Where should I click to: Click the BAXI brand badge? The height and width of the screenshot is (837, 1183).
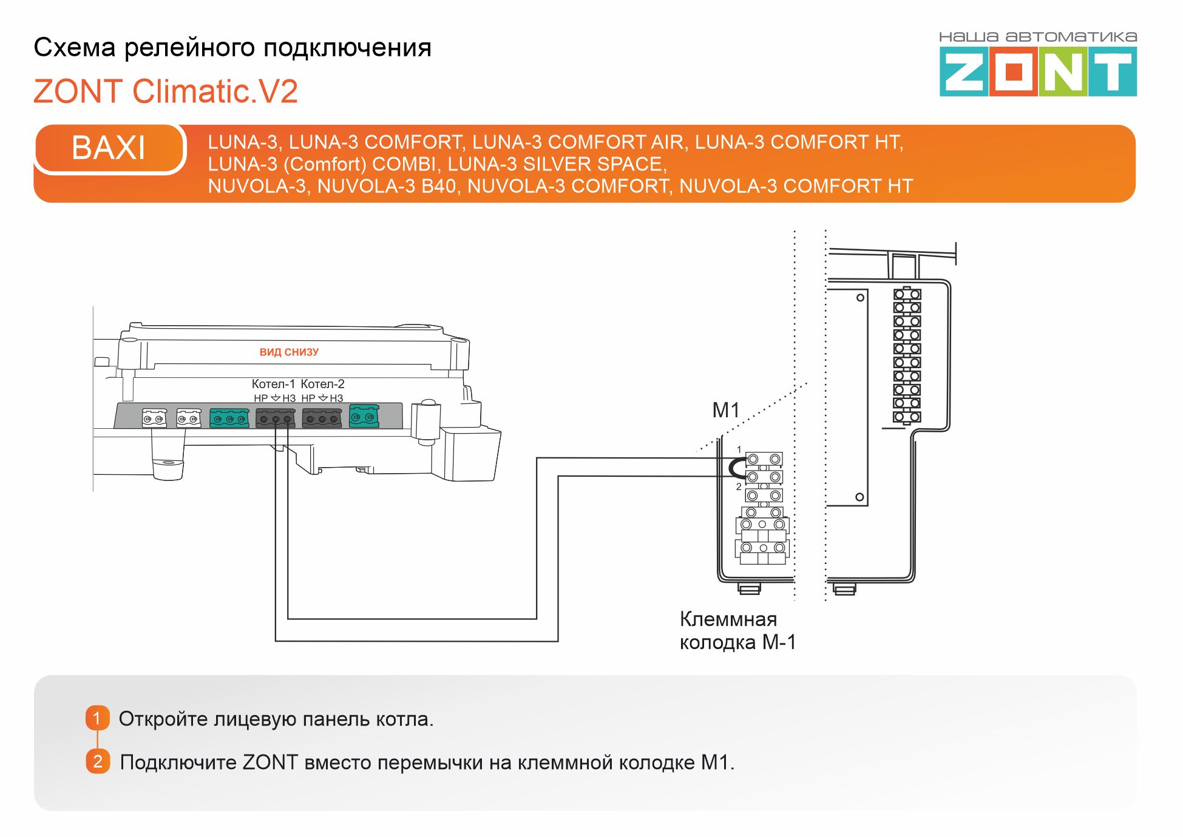point(109,148)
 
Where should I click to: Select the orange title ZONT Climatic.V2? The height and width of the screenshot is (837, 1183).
point(166,92)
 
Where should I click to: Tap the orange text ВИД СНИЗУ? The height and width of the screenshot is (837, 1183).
point(289,352)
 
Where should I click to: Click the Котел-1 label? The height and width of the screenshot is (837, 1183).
point(273,384)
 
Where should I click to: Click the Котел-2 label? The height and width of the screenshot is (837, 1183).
point(322,384)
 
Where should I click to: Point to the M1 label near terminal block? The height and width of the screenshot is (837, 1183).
point(725,411)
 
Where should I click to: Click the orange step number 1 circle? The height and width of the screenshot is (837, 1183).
point(97,718)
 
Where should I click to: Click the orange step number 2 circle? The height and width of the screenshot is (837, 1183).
point(98,761)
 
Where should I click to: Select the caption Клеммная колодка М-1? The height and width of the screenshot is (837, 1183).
point(737,631)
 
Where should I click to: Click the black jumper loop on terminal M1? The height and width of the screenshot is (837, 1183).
point(734,468)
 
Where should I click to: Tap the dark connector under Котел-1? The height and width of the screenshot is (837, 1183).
point(276,418)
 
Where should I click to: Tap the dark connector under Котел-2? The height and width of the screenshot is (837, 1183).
point(322,418)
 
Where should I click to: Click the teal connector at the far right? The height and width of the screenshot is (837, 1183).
point(364,416)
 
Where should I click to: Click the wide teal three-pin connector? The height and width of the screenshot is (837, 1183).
point(229,418)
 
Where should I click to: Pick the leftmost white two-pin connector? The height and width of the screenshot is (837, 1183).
point(154,418)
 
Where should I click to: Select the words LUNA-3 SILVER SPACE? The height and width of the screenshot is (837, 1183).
point(557,164)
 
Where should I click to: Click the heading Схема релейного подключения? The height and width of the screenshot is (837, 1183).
point(232,47)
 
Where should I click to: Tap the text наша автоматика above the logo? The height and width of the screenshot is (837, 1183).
point(1037,37)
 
